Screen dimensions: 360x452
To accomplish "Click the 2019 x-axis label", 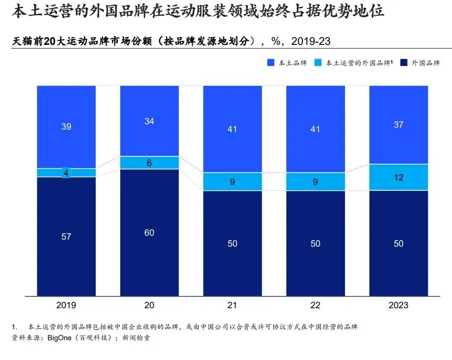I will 67,305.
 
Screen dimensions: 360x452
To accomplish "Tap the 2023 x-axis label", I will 398,305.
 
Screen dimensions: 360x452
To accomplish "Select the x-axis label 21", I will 232,305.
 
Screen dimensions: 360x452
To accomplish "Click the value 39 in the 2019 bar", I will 67,127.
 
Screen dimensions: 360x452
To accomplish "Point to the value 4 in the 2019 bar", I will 67,173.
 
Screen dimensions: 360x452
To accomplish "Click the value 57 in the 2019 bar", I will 67,237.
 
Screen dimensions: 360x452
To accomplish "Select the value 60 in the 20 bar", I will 149,233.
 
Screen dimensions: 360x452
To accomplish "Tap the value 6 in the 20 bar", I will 149,163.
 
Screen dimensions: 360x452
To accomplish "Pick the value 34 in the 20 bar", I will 149,121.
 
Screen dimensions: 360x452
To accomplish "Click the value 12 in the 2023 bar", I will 398,177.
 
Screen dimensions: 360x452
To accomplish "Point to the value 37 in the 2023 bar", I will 398,125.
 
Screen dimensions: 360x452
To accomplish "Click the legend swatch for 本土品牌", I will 271,63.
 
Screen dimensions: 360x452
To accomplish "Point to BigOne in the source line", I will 60,338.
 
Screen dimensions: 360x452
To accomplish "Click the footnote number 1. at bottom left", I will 15,327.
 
